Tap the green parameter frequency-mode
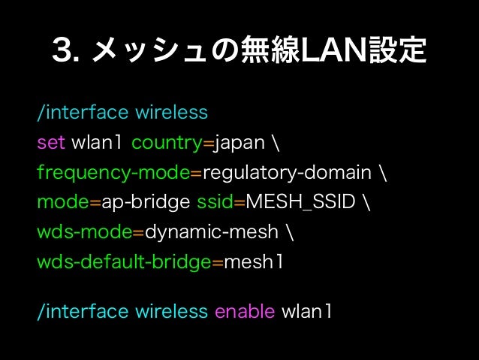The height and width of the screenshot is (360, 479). coord(113,172)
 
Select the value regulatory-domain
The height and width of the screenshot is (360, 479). coord(287,172)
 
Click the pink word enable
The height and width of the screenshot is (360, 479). coord(245,311)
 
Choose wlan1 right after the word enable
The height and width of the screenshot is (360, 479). coord(306,311)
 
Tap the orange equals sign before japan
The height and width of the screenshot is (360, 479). coord(211,144)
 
